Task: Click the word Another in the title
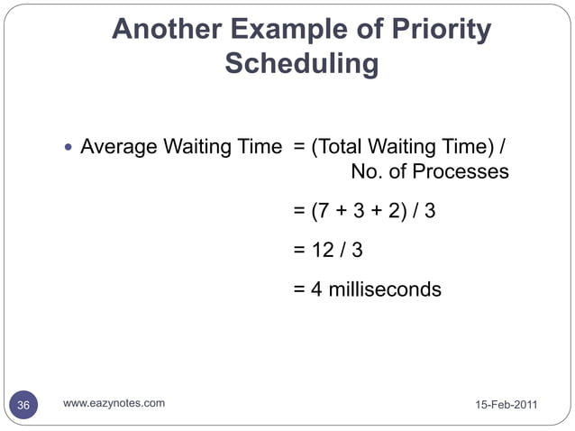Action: pyautogui.click(x=166, y=32)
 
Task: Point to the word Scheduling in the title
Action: pyautogui.click(x=301, y=65)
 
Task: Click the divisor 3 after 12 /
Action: pyautogui.click(x=357, y=252)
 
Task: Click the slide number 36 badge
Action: pyautogui.click(x=23, y=406)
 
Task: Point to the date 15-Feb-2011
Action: pyautogui.click(x=506, y=406)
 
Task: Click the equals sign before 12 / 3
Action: pyautogui.click(x=298, y=252)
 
